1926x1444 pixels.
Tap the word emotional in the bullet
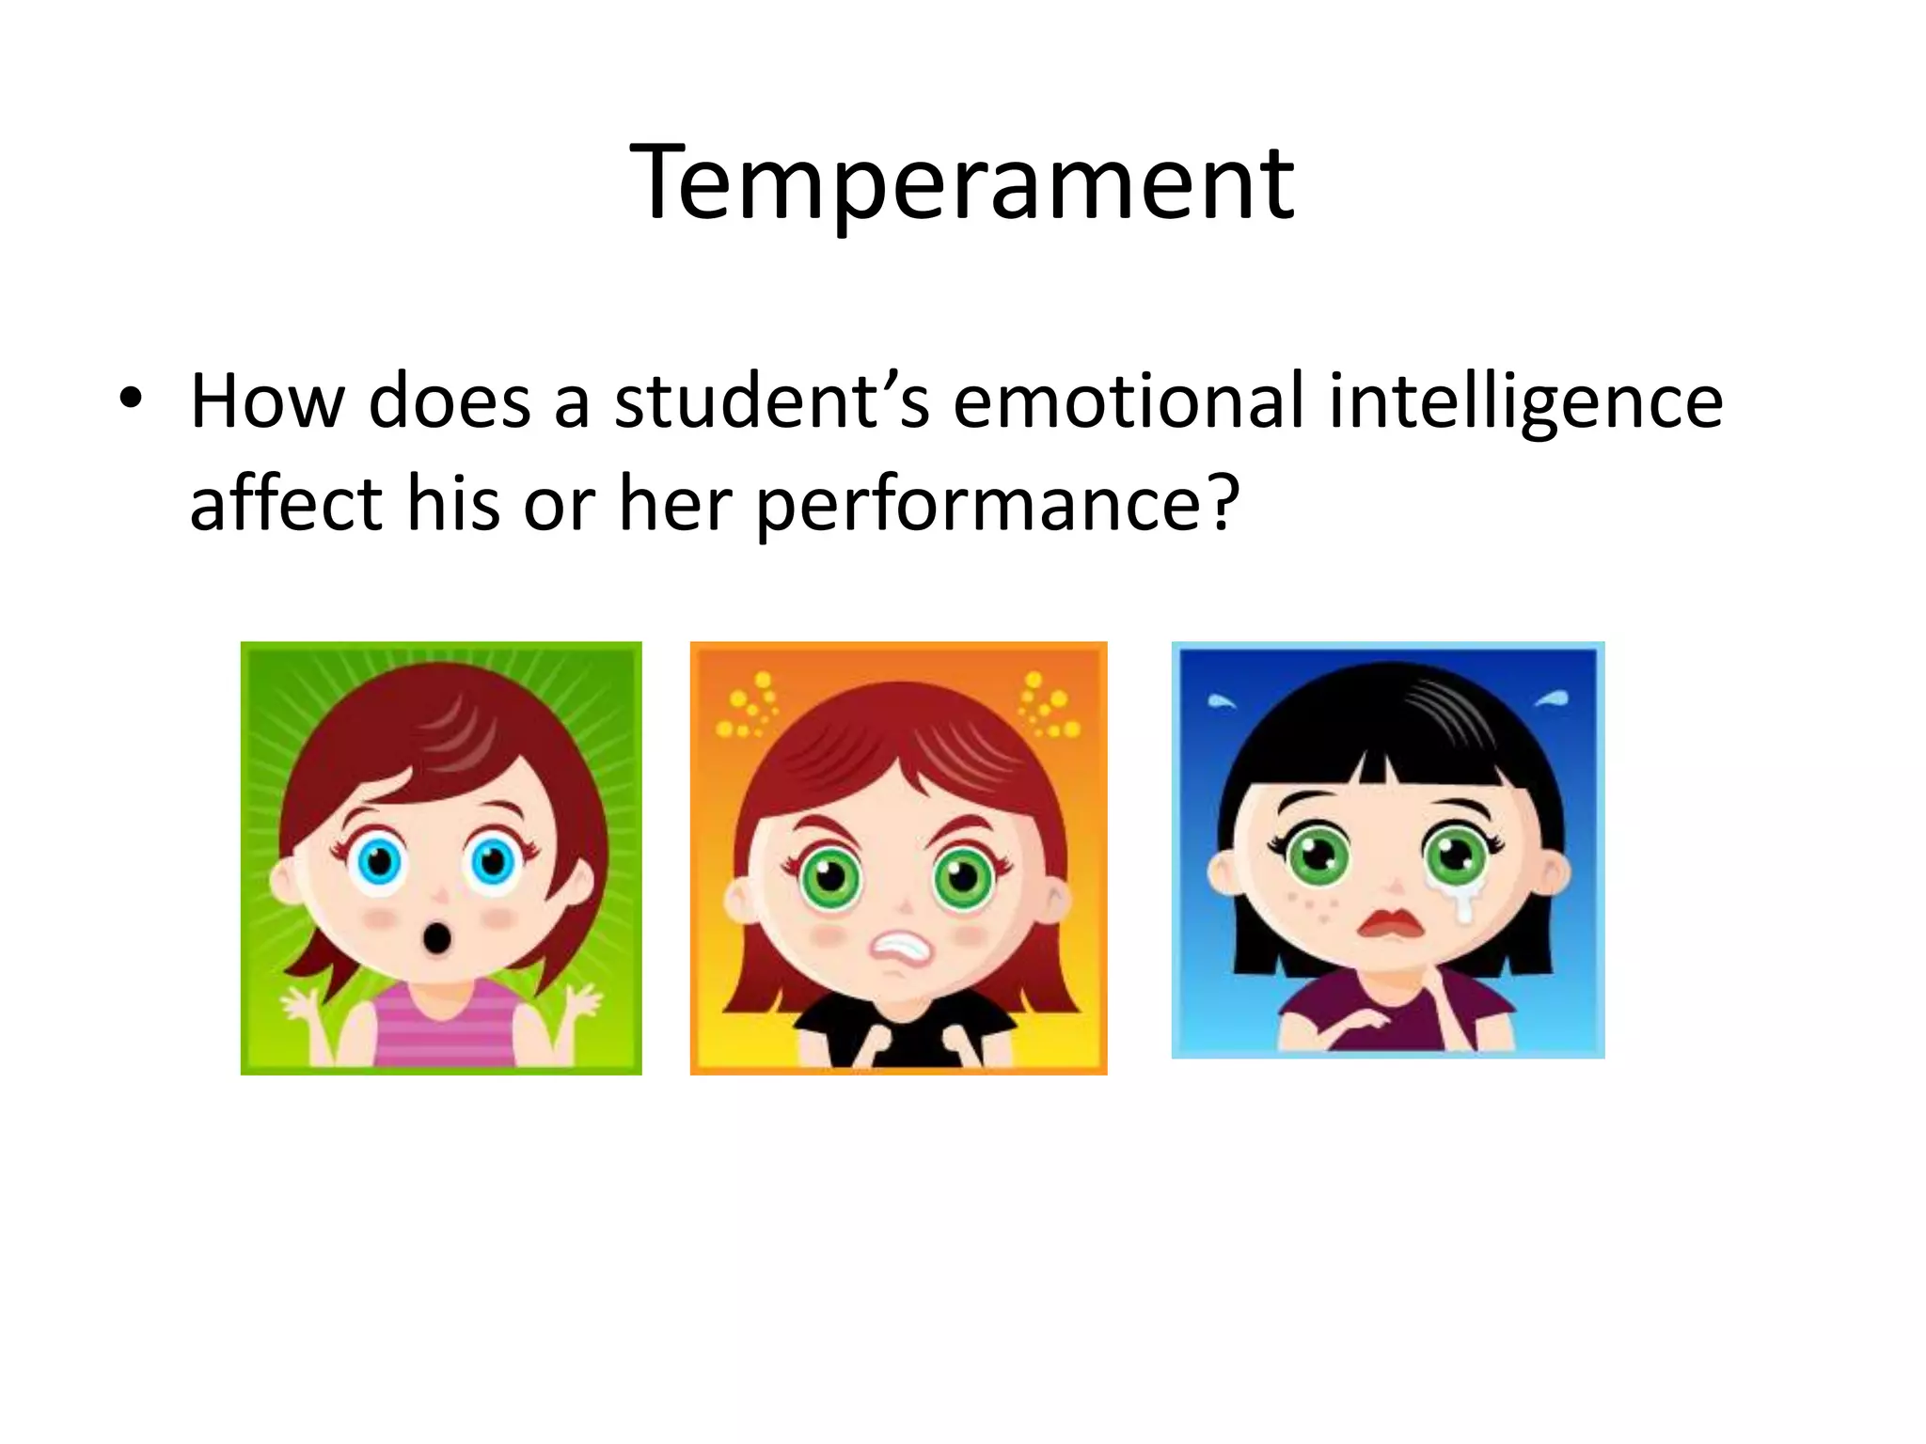tap(1128, 401)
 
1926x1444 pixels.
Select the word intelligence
tap(1525, 401)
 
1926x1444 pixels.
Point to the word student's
tap(771, 401)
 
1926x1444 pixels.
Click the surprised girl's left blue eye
tap(380, 860)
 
